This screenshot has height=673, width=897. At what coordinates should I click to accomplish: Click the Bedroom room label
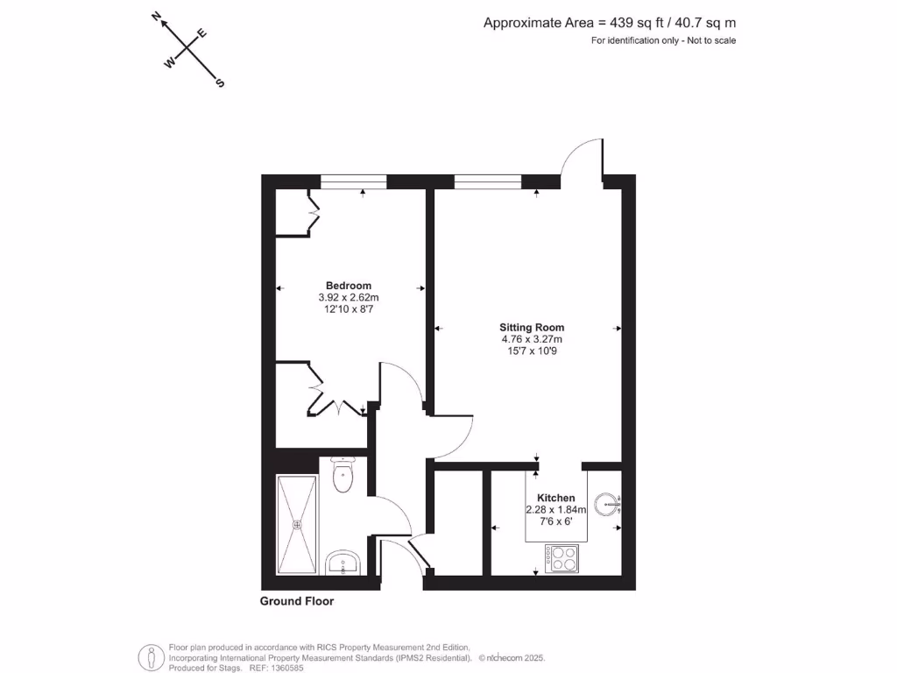349,286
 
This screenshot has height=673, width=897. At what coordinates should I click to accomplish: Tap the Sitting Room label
532,328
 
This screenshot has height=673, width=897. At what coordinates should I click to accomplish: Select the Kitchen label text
556,498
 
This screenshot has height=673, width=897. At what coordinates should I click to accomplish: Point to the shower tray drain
297,525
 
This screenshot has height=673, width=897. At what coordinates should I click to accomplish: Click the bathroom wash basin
343,563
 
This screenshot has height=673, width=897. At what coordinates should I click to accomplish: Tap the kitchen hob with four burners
561,557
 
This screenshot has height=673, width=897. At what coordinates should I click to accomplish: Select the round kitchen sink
605,504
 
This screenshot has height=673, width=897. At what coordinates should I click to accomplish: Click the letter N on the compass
156,16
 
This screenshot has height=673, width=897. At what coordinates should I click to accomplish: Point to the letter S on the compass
221,83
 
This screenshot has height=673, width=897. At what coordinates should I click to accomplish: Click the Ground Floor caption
297,601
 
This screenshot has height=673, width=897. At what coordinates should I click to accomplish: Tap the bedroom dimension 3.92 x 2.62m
349,298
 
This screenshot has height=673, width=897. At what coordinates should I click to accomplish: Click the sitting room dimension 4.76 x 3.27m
532,339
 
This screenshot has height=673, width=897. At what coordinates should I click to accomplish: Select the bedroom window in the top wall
353,181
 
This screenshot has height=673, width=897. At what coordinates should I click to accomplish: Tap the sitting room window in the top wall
488,181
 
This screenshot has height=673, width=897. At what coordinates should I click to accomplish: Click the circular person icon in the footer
152,656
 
